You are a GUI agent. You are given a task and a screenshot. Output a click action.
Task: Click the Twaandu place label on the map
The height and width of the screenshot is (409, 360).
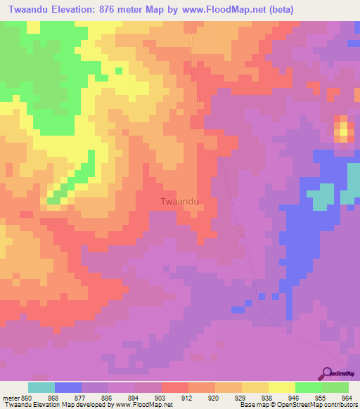(179, 201)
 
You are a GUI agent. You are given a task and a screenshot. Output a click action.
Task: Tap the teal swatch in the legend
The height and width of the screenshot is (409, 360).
(41, 387)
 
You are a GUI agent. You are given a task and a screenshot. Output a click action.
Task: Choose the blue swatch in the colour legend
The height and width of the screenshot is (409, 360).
(67, 387)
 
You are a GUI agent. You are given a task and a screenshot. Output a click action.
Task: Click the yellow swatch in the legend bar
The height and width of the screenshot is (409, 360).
(281, 387)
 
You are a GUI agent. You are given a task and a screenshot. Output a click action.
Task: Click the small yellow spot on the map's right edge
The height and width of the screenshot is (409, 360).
(343, 131)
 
